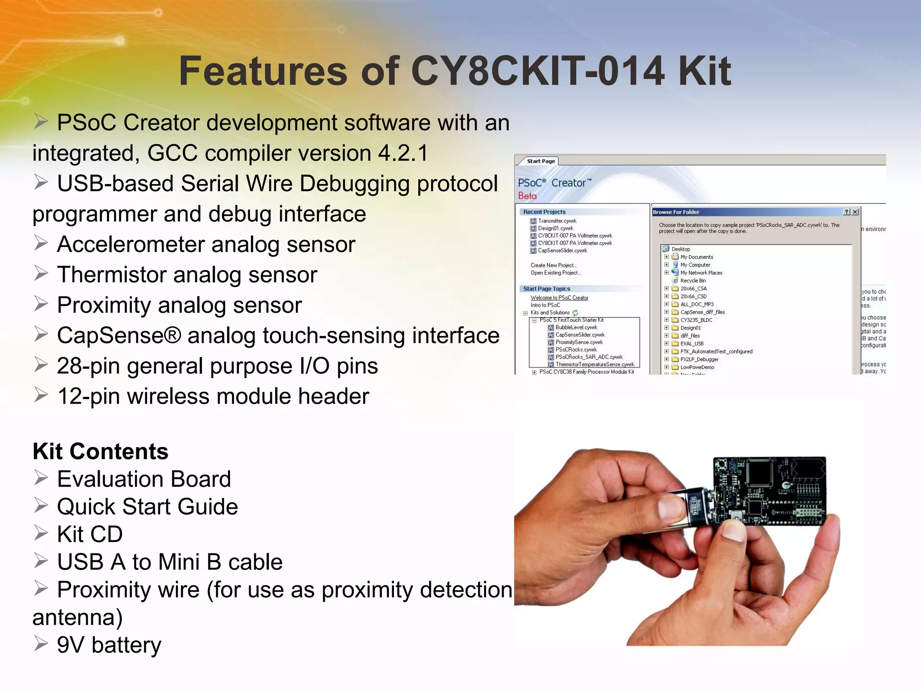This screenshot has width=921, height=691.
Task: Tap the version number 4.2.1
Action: (x=403, y=153)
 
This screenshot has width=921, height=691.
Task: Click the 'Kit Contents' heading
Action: (x=100, y=451)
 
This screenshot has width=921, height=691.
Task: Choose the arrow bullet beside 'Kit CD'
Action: (x=41, y=534)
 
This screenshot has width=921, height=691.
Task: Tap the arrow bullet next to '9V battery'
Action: (x=41, y=644)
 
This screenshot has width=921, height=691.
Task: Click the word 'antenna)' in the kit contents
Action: (x=77, y=617)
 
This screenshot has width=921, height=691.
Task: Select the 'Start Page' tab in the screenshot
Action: (x=541, y=161)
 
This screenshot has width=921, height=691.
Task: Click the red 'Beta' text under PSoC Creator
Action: (x=527, y=196)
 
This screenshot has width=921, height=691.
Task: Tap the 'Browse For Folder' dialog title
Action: (x=676, y=212)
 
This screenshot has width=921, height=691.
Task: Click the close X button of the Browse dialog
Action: (x=855, y=212)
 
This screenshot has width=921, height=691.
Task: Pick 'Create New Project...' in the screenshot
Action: (x=554, y=265)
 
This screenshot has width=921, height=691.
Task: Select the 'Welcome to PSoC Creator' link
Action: (x=559, y=298)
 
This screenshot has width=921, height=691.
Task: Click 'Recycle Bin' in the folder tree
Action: (x=693, y=281)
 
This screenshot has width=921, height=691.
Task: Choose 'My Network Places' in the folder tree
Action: (x=701, y=273)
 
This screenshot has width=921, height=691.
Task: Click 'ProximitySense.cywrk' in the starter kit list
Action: (x=579, y=342)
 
